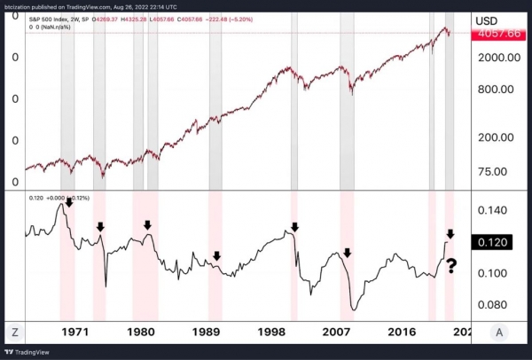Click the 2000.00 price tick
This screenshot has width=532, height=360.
tap(493, 57)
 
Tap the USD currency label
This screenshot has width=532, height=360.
tap(487, 19)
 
